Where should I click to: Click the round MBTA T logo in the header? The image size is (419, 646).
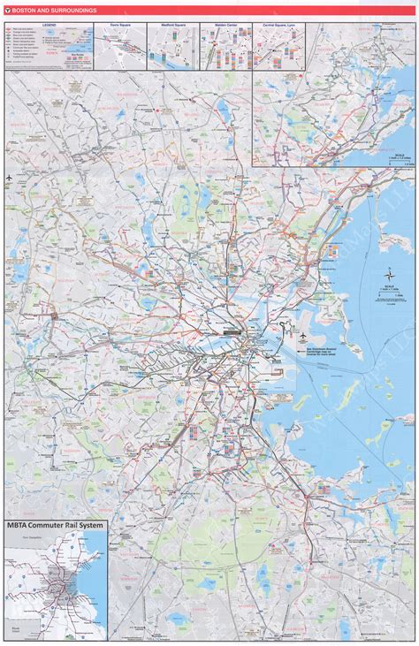click(7, 11)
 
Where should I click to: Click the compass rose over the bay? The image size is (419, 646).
click(386, 274)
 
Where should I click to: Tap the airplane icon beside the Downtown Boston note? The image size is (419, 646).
click(303, 337)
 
